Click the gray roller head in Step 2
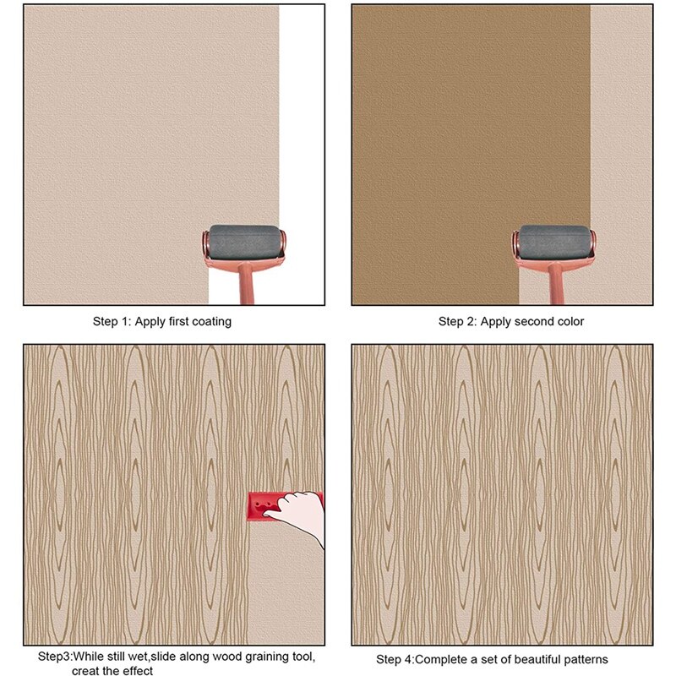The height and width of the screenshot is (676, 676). (x=554, y=242)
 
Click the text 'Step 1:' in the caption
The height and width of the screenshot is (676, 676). (x=110, y=322)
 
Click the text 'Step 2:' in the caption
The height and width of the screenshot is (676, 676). (x=456, y=322)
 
